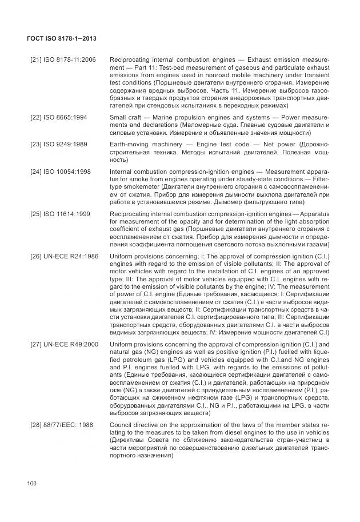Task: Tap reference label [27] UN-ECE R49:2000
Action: [x=64, y=344]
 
